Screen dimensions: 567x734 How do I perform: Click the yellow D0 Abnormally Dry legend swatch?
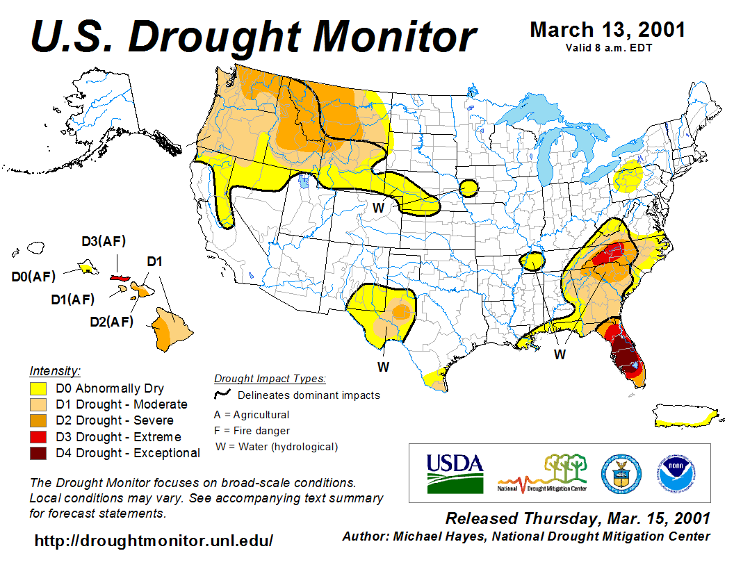point(38,388)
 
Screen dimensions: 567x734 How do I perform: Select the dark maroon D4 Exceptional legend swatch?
point(38,453)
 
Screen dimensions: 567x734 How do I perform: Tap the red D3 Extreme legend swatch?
point(38,437)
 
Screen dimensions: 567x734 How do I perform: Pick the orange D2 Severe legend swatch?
point(38,420)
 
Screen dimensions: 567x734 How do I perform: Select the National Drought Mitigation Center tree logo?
point(543,472)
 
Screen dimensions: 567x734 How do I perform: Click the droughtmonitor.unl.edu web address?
point(154,541)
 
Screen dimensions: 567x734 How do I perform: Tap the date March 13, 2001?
point(607,30)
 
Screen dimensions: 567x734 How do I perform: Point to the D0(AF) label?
point(33,277)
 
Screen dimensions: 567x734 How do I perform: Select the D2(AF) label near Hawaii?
point(111,322)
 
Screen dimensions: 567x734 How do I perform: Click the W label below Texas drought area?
point(383,366)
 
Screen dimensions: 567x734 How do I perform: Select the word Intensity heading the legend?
point(55,370)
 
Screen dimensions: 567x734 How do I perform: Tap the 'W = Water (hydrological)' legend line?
point(277,447)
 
